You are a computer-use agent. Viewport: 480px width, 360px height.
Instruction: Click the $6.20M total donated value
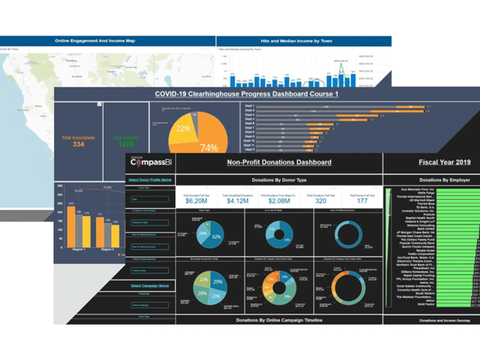(x=196, y=201)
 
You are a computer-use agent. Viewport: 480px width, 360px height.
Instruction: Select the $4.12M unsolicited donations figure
(x=238, y=201)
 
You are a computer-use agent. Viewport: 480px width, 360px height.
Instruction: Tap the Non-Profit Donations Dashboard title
(x=279, y=162)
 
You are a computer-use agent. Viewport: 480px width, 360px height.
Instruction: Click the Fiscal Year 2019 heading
(x=444, y=162)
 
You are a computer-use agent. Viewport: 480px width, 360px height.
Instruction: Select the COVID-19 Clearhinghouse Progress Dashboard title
(x=246, y=94)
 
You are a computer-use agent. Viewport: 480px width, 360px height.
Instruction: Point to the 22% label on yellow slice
(x=183, y=129)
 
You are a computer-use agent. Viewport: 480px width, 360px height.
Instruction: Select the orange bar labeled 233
(x=71, y=226)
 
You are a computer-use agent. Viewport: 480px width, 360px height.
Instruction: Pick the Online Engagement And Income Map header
(x=95, y=41)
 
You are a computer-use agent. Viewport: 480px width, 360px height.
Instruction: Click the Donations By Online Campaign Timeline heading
(x=279, y=320)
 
